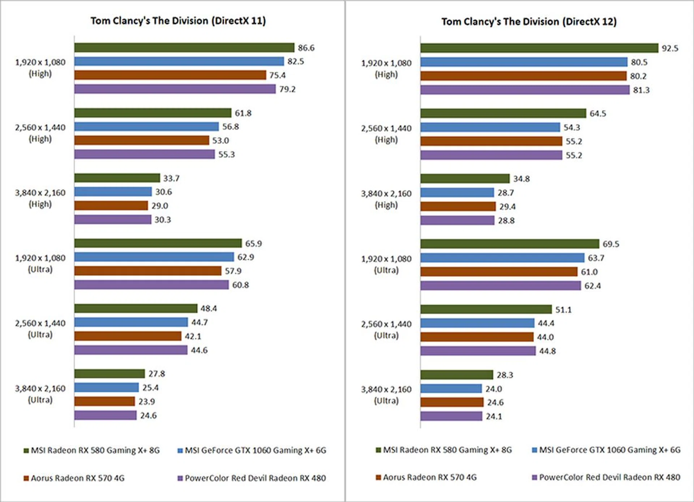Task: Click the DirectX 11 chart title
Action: (178, 21)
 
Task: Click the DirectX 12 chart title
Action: (529, 21)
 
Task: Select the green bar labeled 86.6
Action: (184, 47)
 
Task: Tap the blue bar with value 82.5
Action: (179, 61)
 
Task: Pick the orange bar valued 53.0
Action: (142, 140)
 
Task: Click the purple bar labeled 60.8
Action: (151, 285)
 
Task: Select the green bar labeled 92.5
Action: (539, 48)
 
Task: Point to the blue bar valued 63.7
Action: (502, 258)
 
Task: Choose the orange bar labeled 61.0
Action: (499, 271)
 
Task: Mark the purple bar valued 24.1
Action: (451, 416)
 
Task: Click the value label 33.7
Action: (171, 178)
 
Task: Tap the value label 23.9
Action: (146, 401)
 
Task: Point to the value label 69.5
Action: (611, 244)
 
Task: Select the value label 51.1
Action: (564, 310)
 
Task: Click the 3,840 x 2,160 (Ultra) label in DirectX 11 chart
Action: (40, 394)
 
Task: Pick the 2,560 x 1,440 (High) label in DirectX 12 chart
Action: (386, 134)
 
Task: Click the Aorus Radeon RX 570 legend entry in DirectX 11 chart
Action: (74, 478)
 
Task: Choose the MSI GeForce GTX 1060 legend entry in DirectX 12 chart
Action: (606, 450)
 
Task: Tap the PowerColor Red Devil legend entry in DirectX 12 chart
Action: (606, 477)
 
